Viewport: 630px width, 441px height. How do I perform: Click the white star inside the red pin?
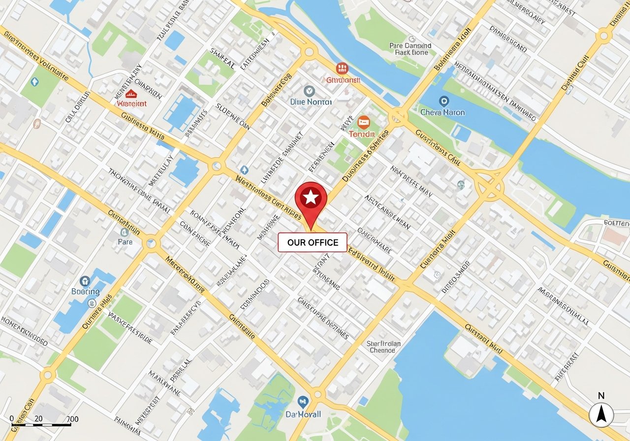point(311,198)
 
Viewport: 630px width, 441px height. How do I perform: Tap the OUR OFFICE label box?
point(313,242)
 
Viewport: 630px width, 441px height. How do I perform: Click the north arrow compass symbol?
point(601,415)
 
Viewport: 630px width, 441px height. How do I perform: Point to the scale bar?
point(41,424)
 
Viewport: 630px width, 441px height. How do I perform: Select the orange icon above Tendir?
point(364,122)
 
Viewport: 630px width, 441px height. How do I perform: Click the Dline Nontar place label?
point(311,102)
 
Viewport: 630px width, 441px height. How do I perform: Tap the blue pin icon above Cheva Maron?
point(444,101)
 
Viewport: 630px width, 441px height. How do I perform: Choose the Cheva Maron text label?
point(443,112)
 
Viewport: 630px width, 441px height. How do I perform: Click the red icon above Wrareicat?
point(131,94)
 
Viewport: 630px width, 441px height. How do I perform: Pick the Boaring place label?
point(85,291)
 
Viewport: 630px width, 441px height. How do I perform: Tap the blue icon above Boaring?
point(85,281)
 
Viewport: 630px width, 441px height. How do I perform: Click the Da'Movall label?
point(303,414)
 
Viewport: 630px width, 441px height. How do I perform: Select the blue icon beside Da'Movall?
point(303,401)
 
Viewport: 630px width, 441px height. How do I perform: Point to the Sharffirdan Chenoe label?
point(383,347)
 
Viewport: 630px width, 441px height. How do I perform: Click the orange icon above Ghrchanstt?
point(341,68)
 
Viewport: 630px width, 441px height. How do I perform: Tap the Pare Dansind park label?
point(410,49)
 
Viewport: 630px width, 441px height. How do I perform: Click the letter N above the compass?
point(601,396)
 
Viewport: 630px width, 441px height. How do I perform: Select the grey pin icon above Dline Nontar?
point(309,91)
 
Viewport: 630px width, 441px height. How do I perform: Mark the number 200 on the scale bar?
point(72,419)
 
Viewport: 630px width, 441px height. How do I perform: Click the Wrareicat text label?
point(132,104)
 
